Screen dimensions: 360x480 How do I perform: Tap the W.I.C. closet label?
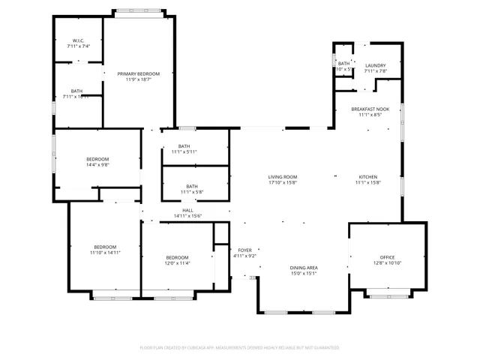click(x=78, y=40)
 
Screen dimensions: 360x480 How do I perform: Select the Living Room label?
click(x=283, y=177)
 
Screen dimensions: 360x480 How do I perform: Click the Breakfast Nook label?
click(x=370, y=109)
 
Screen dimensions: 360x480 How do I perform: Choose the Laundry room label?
click(x=375, y=66)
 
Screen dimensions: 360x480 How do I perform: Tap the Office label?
click(x=386, y=257)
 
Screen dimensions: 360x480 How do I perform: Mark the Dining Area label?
click(x=304, y=268)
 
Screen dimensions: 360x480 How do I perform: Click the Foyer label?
click(x=245, y=250)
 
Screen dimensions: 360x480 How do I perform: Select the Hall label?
click(x=188, y=211)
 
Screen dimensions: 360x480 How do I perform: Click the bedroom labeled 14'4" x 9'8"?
click(x=97, y=159)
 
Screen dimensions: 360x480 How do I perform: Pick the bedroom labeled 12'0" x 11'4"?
click(x=178, y=257)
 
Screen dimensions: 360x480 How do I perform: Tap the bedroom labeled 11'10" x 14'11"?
click(x=105, y=247)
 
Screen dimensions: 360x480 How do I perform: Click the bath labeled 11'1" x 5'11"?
click(x=184, y=146)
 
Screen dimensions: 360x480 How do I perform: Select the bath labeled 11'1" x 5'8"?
click(x=192, y=187)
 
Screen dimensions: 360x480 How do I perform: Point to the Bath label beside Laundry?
click(x=343, y=64)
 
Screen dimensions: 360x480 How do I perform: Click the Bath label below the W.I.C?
click(x=76, y=91)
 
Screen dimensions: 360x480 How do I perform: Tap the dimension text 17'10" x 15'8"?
click(x=283, y=182)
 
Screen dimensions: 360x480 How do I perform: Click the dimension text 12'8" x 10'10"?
click(x=386, y=262)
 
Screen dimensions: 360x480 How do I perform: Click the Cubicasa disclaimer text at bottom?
click(x=240, y=347)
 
